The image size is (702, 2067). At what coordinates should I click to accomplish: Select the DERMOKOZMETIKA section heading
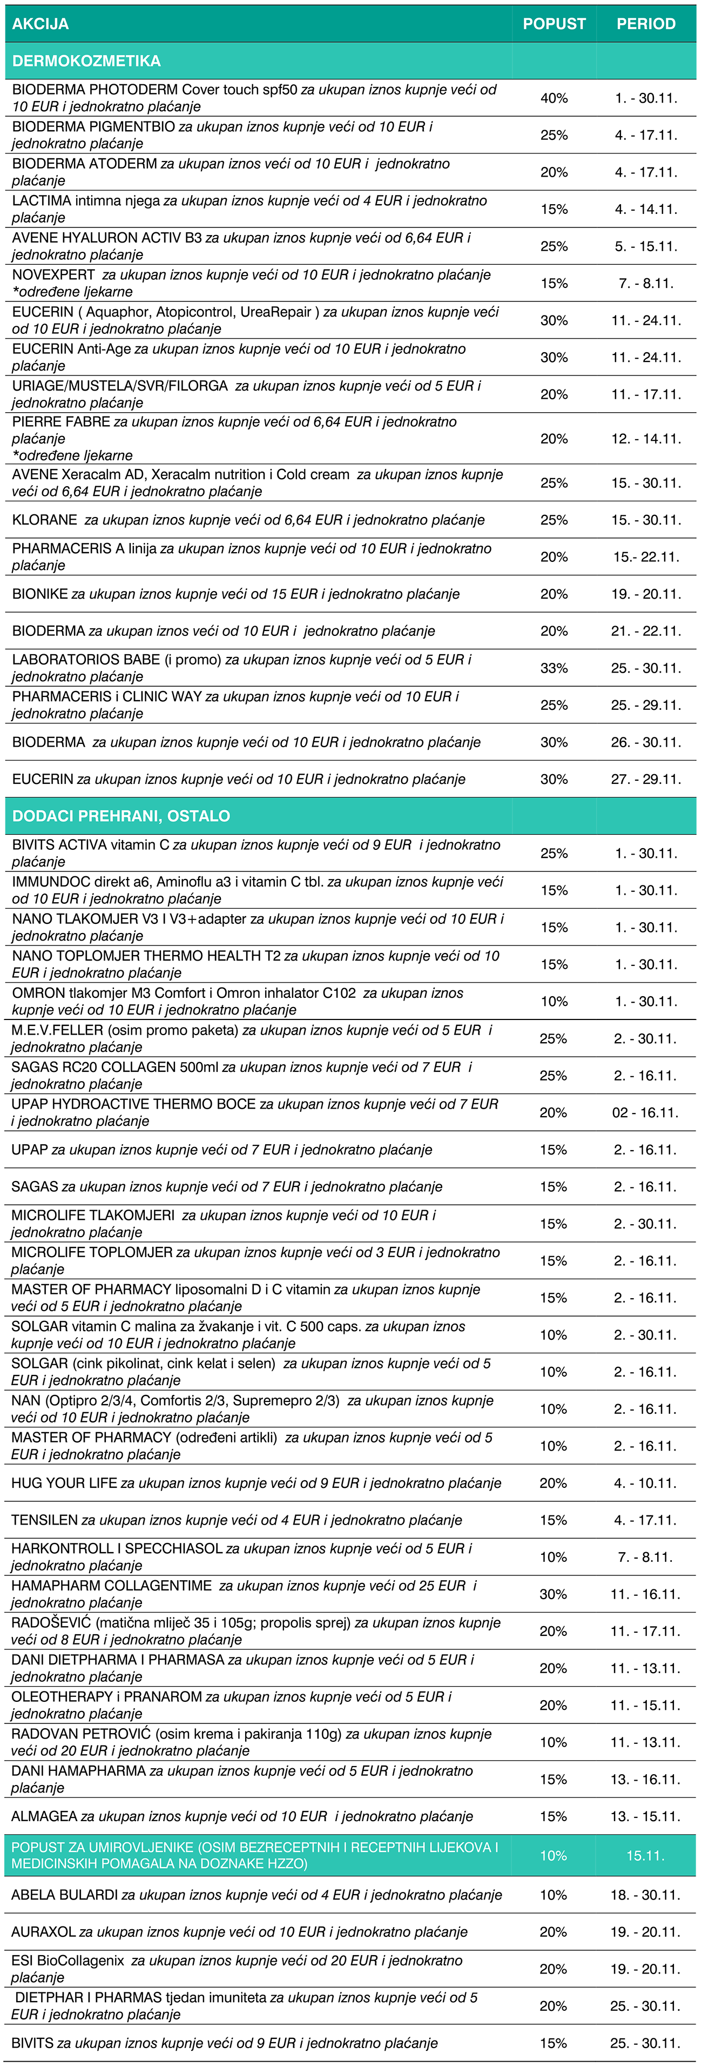click(x=86, y=61)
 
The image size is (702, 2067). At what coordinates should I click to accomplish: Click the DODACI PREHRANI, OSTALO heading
click(x=121, y=816)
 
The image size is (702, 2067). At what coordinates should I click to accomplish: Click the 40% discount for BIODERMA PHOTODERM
click(x=553, y=98)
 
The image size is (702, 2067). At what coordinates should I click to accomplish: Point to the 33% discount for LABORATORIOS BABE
click(x=553, y=668)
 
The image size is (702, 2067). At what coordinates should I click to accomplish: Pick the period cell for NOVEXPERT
click(x=646, y=283)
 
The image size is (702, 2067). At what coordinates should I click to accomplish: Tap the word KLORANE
click(x=45, y=520)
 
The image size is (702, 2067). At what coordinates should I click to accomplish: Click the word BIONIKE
click(x=40, y=594)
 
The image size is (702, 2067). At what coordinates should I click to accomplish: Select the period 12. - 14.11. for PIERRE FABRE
click(x=646, y=439)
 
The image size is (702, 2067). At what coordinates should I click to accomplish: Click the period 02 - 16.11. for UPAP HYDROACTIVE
click(x=646, y=1112)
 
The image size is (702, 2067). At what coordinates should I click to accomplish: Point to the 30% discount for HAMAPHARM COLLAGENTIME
click(x=553, y=1594)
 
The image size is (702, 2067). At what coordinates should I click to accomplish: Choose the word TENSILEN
click(x=45, y=1520)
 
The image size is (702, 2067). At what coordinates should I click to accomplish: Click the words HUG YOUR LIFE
click(x=64, y=1483)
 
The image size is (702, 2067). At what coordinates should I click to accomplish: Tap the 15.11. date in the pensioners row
click(x=646, y=1855)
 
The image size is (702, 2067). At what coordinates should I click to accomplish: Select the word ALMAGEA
click(x=45, y=1816)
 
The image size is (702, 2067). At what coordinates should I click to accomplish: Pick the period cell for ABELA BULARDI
click(x=646, y=1895)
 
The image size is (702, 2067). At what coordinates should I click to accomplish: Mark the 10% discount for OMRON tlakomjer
click(x=553, y=1002)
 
